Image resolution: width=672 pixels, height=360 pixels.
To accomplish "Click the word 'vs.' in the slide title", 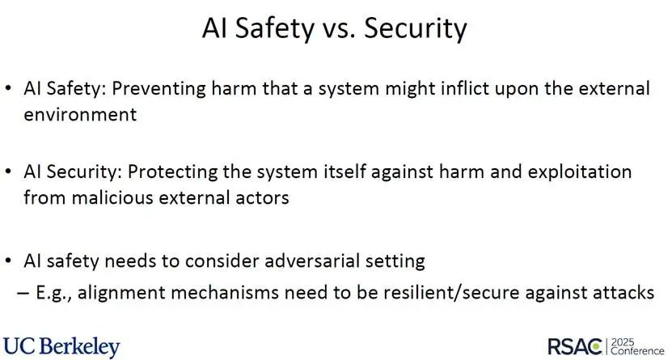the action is click(x=338, y=28).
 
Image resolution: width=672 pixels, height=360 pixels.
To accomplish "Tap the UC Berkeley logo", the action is click(x=61, y=347).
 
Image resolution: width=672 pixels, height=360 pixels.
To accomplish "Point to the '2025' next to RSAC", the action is click(x=623, y=342).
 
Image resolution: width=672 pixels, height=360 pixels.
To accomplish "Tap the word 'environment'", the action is click(x=80, y=114).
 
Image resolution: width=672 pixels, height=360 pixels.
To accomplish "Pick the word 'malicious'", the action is click(x=112, y=197).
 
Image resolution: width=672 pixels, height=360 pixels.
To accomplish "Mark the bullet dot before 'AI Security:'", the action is click(x=9, y=172).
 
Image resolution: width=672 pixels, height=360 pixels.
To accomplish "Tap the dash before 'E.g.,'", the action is click(x=23, y=294).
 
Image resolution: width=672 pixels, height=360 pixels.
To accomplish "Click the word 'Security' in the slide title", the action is click(x=416, y=29).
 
